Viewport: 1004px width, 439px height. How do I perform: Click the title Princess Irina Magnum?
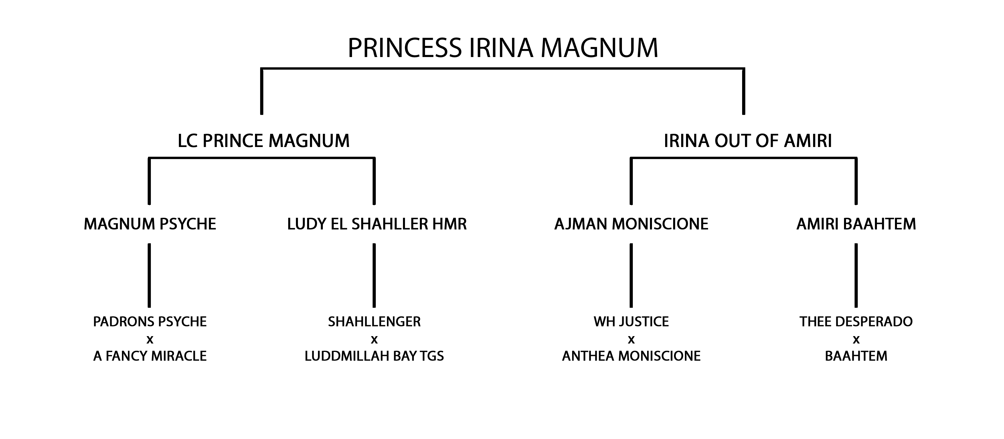pos(503,48)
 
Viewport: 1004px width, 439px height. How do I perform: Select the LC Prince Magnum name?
pos(264,141)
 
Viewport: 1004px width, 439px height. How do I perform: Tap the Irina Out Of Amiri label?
pos(748,141)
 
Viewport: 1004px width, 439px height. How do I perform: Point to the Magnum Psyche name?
pos(150,224)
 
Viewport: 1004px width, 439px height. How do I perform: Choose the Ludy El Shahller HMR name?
pos(377,224)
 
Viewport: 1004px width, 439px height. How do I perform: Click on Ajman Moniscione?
pos(631,224)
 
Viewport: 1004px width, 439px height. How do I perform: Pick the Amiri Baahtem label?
pos(856,224)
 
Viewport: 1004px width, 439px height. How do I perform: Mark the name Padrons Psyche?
pos(150,322)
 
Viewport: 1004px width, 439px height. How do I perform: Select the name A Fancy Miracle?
pos(150,356)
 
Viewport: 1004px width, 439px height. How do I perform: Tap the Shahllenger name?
pos(374,322)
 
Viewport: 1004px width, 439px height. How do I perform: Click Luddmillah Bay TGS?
pos(374,356)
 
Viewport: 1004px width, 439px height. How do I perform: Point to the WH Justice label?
pos(631,322)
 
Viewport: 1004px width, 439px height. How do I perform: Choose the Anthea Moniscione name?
pos(631,356)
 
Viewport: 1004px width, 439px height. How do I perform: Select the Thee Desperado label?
pos(856,322)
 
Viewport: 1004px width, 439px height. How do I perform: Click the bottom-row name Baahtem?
pos(856,356)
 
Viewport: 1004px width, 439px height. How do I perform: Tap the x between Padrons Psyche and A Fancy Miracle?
pos(150,340)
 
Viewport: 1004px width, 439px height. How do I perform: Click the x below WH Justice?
pos(631,340)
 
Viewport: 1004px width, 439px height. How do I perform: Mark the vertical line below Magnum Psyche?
pos(149,275)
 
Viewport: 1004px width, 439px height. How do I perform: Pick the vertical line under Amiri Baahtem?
pos(856,275)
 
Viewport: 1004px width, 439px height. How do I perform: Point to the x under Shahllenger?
pos(374,340)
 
